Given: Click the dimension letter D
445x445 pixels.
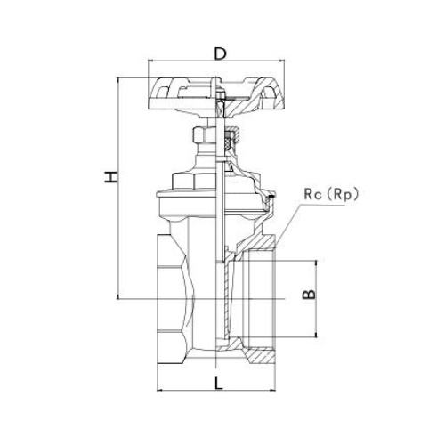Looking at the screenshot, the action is coord(220,53).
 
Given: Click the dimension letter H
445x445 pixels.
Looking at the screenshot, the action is coord(111,177).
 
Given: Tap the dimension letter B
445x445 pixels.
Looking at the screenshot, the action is coord(309,294).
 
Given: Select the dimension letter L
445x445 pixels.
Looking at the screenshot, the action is coord(218,383).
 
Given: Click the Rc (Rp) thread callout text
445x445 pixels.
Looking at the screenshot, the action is coord(331,195).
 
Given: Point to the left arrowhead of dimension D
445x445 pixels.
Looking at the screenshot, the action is coord(150,61).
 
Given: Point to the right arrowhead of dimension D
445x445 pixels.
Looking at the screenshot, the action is coord(282,61).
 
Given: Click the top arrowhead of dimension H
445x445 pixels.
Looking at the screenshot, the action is coord(118,80).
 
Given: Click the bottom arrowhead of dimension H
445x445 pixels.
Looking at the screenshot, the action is coord(118,296).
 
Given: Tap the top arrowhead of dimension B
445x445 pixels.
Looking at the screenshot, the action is coord(316,263).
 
